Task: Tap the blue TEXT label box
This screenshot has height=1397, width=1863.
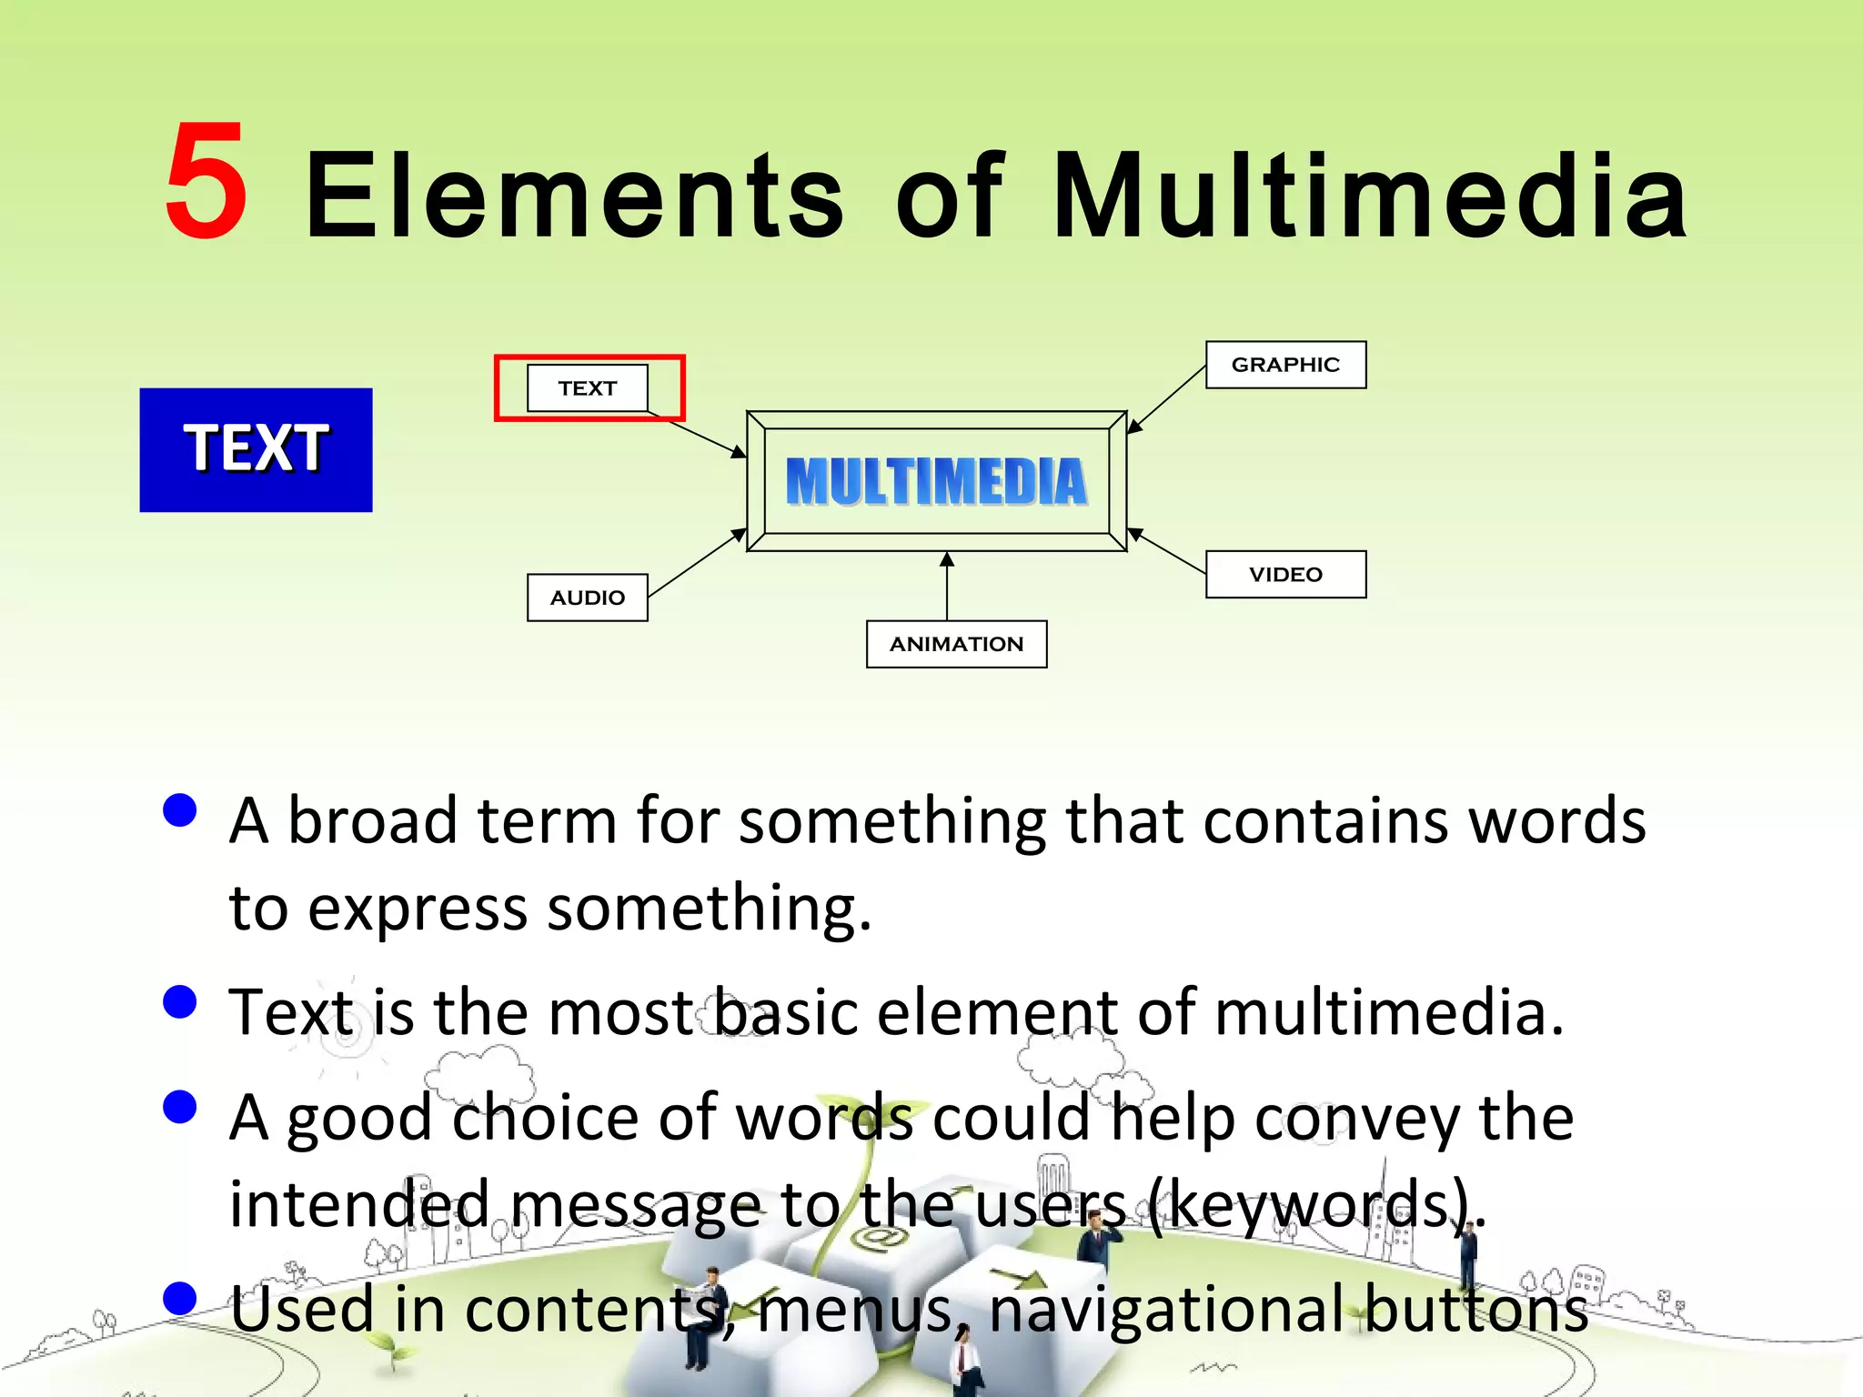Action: click(256, 449)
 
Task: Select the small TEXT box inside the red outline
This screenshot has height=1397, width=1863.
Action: click(587, 388)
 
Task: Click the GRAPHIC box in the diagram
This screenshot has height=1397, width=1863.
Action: click(1284, 365)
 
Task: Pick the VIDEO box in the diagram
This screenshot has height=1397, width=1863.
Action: click(1284, 574)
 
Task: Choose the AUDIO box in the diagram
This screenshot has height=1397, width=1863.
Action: click(587, 598)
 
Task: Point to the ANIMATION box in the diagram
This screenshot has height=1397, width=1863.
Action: click(956, 644)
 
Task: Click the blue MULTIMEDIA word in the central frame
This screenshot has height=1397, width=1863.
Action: click(936, 481)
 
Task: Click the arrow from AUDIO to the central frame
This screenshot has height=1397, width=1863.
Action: click(697, 564)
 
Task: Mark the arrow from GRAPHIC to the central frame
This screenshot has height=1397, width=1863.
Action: click(1167, 398)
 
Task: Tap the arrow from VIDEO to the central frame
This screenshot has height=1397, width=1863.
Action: click(1168, 551)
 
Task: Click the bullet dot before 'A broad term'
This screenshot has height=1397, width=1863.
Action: click(180, 809)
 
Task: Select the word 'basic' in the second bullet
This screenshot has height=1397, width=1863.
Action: click(784, 1012)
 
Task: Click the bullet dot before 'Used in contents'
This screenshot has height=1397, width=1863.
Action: click(180, 1298)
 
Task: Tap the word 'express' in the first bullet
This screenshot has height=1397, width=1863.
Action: click(417, 908)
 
